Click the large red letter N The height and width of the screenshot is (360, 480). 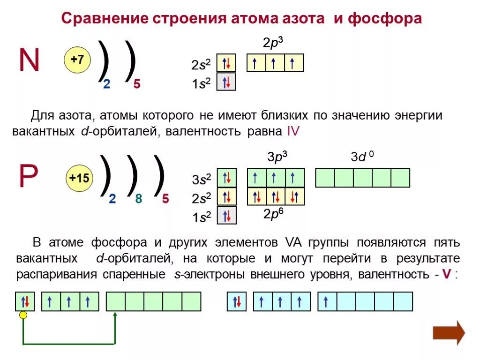click(29, 60)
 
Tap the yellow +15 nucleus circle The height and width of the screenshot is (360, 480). click(79, 178)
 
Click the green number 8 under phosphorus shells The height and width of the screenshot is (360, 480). click(138, 199)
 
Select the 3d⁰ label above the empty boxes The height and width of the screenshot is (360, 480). click(362, 157)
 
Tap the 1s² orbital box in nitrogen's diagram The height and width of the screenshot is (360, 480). click(226, 82)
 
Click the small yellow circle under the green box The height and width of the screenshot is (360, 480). click(23, 315)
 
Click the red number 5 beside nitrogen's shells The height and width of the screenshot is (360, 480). click(136, 84)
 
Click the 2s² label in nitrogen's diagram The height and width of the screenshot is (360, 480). click(201, 64)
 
